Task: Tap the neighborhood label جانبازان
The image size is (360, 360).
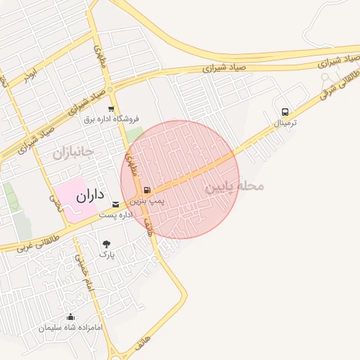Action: tap(73, 151)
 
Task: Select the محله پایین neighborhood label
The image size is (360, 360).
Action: tap(234, 187)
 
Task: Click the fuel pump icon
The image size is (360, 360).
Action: tap(146, 189)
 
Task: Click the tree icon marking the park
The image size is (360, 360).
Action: tap(106, 244)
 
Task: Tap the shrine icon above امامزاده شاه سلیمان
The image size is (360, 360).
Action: tap(70, 317)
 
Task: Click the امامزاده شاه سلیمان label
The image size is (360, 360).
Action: tap(71, 328)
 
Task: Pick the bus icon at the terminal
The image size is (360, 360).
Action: tap(285, 112)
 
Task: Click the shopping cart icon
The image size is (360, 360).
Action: tap(112, 108)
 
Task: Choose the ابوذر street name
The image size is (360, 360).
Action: tap(29, 75)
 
